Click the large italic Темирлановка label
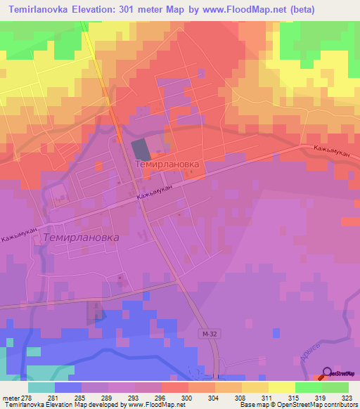[81, 238]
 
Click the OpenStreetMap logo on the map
[340, 374]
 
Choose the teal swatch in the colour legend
[41, 387]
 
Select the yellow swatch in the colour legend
[282, 387]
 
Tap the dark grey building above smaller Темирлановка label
[141, 150]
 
